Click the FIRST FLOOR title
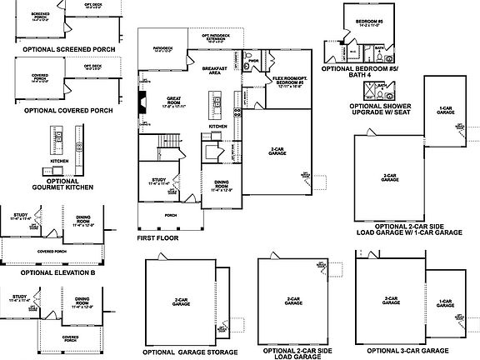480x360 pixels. [158, 237]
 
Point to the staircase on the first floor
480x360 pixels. [168, 142]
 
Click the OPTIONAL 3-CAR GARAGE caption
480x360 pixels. [412, 352]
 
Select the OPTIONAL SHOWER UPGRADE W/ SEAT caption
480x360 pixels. [386, 113]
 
